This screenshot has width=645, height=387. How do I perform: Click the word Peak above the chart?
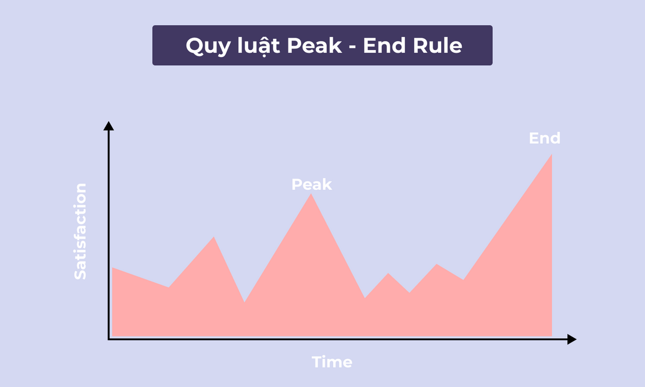coord(312,185)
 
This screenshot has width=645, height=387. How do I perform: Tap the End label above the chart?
coord(544,138)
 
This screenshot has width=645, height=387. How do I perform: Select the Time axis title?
coord(332,362)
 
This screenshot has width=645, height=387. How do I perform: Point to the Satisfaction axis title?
coord(80,231)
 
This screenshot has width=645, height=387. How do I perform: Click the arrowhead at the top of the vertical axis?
coord(109,126)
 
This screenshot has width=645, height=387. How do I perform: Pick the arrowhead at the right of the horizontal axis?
coord(571,339)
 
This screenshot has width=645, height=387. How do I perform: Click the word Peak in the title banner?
coord(314,46)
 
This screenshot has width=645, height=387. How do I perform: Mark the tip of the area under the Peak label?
coord(311,194)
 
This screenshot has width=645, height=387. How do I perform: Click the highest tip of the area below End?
coord(551,155)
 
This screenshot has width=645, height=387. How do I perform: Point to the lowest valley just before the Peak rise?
coord(245,302)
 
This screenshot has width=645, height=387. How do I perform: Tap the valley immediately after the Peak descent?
coord(365,298)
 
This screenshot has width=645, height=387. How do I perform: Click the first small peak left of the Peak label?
coord(214,237)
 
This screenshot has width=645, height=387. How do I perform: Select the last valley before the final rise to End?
coord(463,279)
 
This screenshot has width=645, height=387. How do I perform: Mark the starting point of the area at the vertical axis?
coord(112,268)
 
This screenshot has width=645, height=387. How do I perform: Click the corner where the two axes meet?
coord(109,339)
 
